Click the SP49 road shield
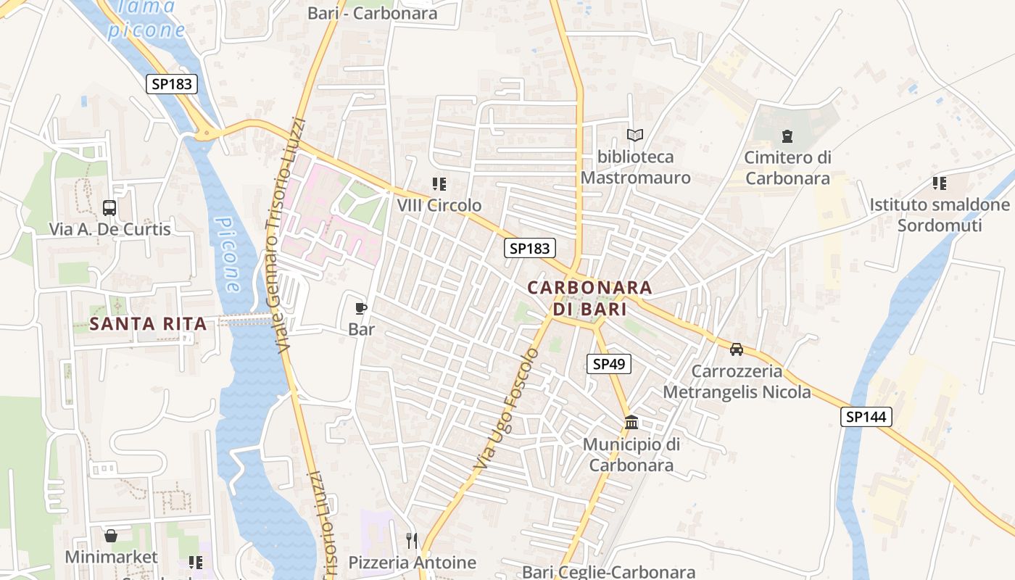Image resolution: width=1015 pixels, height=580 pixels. [x=608, y=364]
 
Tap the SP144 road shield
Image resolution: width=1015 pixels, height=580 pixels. [x=866, y=417]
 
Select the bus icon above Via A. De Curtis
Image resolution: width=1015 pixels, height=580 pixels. [x=109, y=208]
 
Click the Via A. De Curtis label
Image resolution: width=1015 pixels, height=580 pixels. [x=110, y=229]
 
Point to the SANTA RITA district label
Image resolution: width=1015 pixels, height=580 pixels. [x=149, y=323]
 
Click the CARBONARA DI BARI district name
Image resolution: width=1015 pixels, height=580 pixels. [x=589, y=297]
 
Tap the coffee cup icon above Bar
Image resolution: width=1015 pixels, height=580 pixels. [x=361, y=308]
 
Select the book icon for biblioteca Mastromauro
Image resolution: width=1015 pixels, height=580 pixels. [x=635, y=135]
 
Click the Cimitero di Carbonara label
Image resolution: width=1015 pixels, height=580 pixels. [x=787, y=167]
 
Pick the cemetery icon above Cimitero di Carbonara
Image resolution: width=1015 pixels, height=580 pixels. [x=787, y=136]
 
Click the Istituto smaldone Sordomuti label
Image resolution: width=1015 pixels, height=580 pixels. [x=940, y=215]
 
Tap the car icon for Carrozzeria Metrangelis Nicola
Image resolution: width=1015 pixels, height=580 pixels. [x=737, y=349]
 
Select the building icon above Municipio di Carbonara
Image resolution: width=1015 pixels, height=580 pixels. [x=631, y=422]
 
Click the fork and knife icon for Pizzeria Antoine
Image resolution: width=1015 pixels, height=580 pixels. [x=412, y=540]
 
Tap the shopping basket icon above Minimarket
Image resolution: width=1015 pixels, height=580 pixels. [x=111, y=536]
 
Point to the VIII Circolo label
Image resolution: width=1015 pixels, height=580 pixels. [x=439, y=205]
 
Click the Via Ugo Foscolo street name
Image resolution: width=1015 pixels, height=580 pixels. [x=507, y=407]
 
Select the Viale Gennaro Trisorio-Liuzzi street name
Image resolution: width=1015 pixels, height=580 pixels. [x=286, y=236]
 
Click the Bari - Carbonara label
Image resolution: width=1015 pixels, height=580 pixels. [x=373, y=13]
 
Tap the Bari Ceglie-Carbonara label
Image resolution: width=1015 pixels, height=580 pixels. [x=609, y=572]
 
